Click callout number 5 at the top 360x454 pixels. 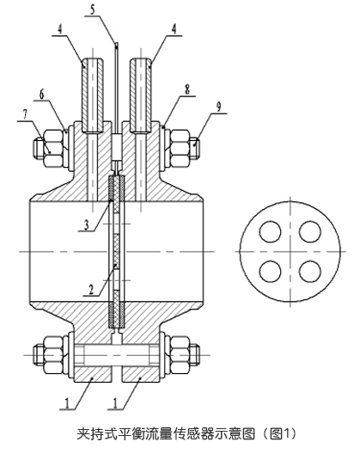click(x=92, y=9)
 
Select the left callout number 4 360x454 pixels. click(x=59, y=29)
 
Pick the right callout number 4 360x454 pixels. click(x=174, y=29)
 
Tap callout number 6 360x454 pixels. click(x=43, y=95)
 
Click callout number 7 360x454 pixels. click(x=25, y=115)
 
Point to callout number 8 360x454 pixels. click(x=187, y=89)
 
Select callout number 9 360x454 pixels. click(x=219, y=107)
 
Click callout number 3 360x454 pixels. click(x=86, y=225)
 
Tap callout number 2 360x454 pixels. click(x=91, y=290)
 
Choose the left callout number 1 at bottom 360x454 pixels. click(x=67, y=403)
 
